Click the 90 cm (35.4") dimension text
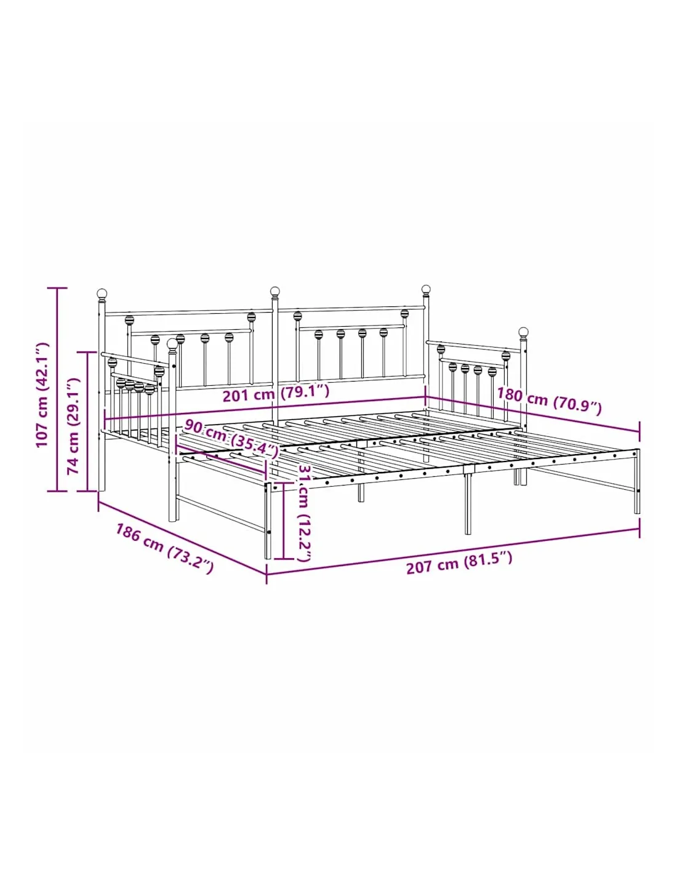pos(231,438)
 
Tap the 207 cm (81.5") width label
pos(459,562)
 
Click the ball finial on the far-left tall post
pos(102,293)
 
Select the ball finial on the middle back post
pos(275,291)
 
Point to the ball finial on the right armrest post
pos(523,332)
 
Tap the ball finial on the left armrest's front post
pos(172,344)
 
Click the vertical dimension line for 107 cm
pos(57,390)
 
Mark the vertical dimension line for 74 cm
pos(88,422)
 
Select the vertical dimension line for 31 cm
pos(284,521)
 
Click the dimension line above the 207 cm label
pos(453,552)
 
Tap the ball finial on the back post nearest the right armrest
pos(426,289)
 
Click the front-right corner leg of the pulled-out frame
pos(637,481)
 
